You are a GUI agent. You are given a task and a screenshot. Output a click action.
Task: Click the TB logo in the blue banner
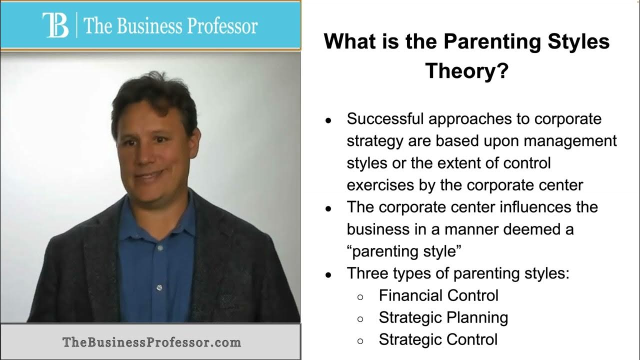tap(55, 25)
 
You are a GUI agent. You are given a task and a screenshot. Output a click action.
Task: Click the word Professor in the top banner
tap(222, 26)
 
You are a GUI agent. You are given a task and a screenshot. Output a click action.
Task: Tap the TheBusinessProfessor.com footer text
tap(151, 342)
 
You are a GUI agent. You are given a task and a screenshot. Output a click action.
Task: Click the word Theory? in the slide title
tap(467, 71)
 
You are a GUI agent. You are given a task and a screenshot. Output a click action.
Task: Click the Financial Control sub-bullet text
tap(438, 295)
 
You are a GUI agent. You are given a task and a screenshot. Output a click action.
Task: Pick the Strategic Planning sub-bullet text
tap(443, 317)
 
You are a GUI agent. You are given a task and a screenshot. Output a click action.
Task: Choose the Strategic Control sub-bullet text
tap(438, 339)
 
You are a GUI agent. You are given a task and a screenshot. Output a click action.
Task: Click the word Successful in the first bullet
tap(385, 118)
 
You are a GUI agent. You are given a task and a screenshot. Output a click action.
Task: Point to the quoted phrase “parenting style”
tap(404, 251)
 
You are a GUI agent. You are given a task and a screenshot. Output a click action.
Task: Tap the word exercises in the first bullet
tap(380, 185)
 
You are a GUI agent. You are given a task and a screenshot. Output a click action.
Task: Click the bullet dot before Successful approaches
tap(328, 120)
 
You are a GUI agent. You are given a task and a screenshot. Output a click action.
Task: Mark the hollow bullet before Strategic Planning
tap(360, 319)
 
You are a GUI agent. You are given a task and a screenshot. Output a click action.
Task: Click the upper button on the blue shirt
tap(160, 247)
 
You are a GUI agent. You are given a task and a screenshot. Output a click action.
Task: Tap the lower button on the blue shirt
tap(159, 287)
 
